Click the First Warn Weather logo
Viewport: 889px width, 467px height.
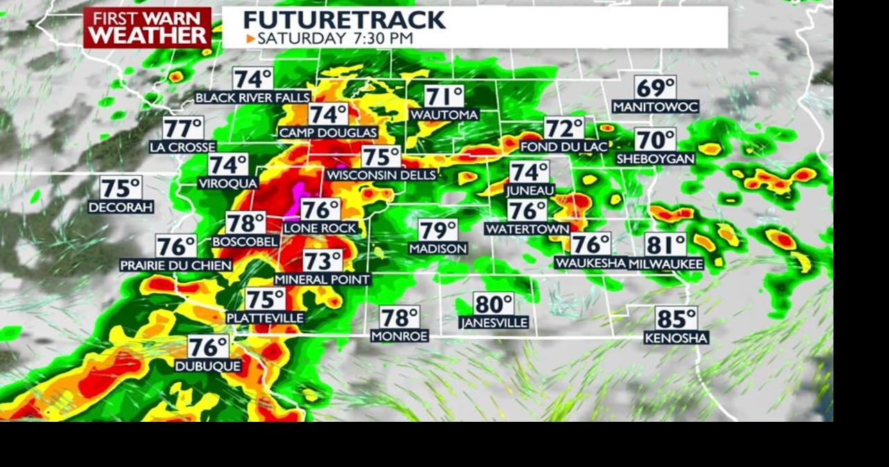coord(147,28)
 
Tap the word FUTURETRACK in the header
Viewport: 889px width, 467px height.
coord(344,19)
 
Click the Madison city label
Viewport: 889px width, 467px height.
coord(438,248)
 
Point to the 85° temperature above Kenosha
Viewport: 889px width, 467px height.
coord(676,319)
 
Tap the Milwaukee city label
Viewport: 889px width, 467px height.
coord(666,264)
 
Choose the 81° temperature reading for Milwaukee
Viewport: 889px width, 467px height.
coord(665,245)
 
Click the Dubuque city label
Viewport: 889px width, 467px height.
coord(208,366)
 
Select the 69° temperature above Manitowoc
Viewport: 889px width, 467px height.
coord(656,88)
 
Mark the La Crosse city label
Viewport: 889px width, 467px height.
coord(183,147)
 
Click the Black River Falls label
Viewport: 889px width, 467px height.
coord(252,98)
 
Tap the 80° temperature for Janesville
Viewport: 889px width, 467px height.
coord(494,304)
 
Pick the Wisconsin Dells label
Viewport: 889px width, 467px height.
coord(381,175)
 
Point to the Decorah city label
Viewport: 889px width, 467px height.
coord(121,207)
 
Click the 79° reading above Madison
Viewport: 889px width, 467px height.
coord(438,230)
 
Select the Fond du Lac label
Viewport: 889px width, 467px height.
coord(563,147)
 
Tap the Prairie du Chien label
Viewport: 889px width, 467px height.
coord(175,265)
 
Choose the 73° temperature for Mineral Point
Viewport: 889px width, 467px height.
coord(323,261)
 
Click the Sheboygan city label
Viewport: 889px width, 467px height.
coord(656,159)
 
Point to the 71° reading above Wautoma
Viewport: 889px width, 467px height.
coord(444,97)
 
